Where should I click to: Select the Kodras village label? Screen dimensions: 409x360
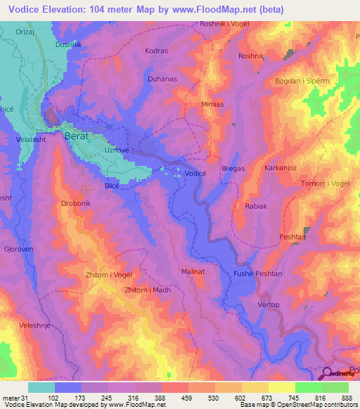(x=155, y=51)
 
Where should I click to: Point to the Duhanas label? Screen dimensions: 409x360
(x=162, y=79)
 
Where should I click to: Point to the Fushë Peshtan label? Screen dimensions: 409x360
(x=257, y=273)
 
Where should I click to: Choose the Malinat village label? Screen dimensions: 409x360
(x=193, y=271)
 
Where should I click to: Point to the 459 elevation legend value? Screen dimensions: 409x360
(x=174, y=397)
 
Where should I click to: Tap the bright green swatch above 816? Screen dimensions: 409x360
(x=309, y=387)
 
